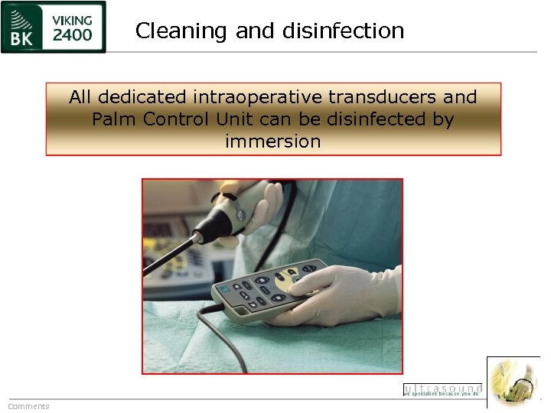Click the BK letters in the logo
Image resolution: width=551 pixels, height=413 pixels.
click(x=21, y=35)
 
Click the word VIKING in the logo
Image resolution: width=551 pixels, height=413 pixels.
click(x=73, y=18)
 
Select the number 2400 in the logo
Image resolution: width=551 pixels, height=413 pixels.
click(x=72, y=35)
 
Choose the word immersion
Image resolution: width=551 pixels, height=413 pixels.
click(x=273, y=141)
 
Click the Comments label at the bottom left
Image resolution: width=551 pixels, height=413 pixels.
click(x=28, y=406)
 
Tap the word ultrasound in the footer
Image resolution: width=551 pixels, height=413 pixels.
click(x=442, y=388)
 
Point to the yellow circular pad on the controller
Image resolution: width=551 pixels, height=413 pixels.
click(x=290, y=279)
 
